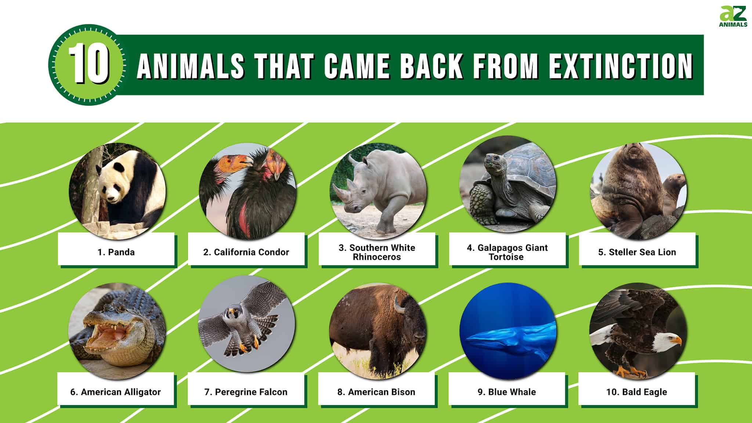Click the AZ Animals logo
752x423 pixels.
(733, 17)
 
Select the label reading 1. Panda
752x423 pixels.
(116, 252)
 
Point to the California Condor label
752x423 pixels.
(246, 252)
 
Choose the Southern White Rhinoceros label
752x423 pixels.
(377, 252)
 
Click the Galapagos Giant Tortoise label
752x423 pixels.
(507, 252)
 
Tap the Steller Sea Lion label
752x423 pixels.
(637, 252)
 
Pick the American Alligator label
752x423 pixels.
(115, 392)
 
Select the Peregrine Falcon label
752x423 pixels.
(246, 392)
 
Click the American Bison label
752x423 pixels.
(376, 392)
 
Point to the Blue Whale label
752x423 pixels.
(506, 392)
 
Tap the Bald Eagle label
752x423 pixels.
(636, 392)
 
